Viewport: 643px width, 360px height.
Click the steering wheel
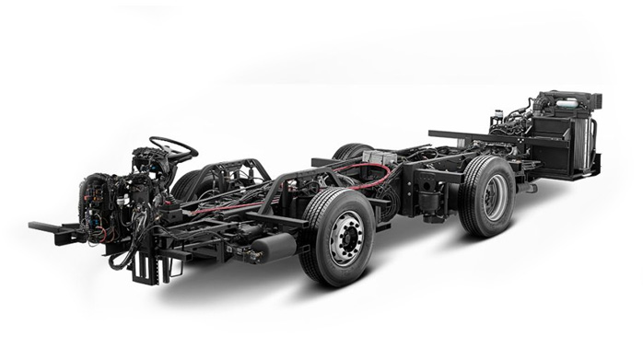pos(173,146)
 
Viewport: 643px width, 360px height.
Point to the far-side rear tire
pos(353,152)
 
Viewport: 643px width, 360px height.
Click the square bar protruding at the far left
pos(46,227)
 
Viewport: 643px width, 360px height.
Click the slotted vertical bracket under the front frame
pos(145,268)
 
